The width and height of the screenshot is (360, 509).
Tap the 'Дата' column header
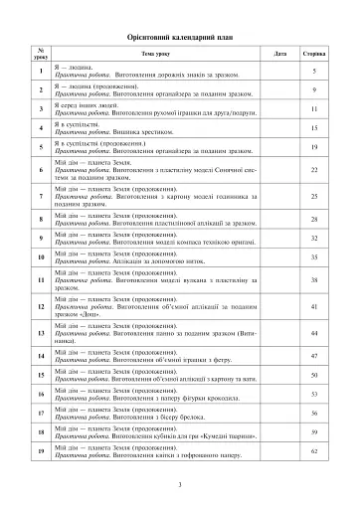(280, 53)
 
